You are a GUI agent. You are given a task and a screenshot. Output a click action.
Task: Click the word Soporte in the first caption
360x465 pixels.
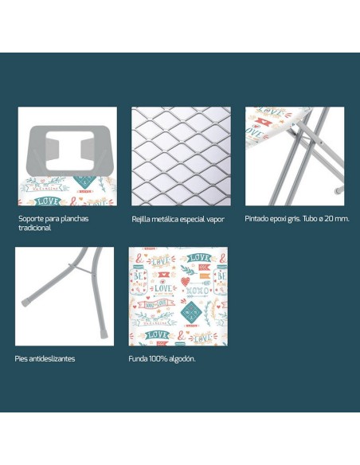click(29, 219)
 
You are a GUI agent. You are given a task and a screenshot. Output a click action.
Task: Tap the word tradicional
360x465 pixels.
click(35, 228)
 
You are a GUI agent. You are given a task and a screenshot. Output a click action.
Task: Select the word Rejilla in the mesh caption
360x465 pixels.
click(140, 220)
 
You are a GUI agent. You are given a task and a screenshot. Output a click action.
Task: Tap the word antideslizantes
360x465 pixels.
click(53, 358)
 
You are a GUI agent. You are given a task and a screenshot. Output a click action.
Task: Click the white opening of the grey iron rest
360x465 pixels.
click(70, 150)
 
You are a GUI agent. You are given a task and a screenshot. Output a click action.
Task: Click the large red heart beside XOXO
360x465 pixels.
click(185, 281)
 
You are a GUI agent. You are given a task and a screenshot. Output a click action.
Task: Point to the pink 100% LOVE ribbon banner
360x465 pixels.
click(156, 304)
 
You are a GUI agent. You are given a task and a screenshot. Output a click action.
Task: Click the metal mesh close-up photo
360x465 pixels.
click(181, 156)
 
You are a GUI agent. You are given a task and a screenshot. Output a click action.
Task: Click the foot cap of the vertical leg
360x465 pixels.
click(104, 334)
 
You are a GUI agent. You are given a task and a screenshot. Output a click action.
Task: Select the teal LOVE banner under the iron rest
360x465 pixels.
click(48, 201)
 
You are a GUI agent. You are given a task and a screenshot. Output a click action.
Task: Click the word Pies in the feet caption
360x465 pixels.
click(22, 358)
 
